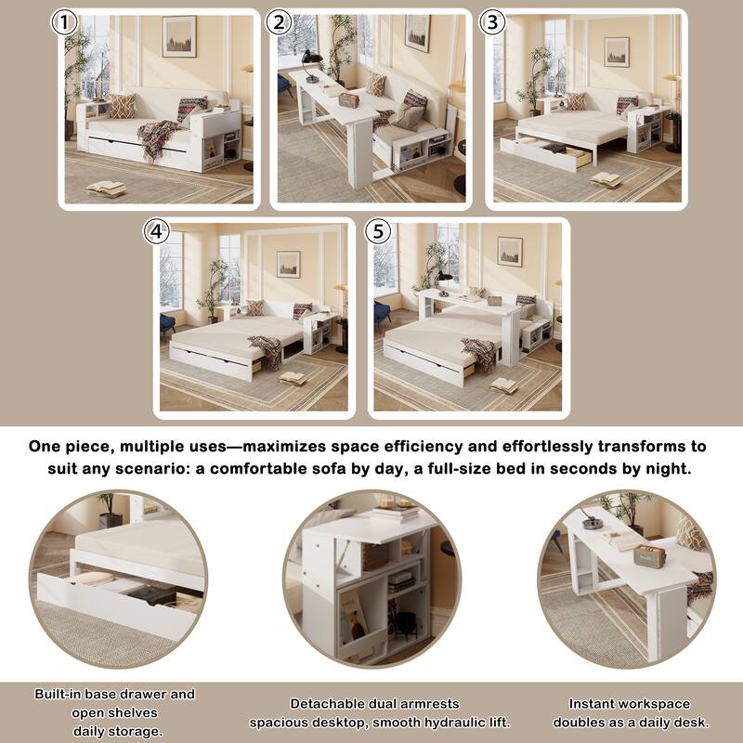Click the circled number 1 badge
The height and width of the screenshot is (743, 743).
[64, 23]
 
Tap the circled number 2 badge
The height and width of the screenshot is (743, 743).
[277, 23]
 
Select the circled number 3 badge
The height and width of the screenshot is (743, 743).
[493, 23]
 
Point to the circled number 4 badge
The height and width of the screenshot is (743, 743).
[157, 232]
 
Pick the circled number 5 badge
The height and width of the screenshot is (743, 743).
[377, 232]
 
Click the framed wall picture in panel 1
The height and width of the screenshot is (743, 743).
[179, 36]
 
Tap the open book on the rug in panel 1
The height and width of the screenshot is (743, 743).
[106, 189]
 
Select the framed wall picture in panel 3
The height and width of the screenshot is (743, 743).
[617, 51]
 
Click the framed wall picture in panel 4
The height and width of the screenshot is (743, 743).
[288, 264]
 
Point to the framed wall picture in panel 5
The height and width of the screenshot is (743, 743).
[510, 251]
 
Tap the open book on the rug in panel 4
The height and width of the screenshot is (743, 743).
[293, 378]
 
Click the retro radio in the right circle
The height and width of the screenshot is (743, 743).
[649, 555]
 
